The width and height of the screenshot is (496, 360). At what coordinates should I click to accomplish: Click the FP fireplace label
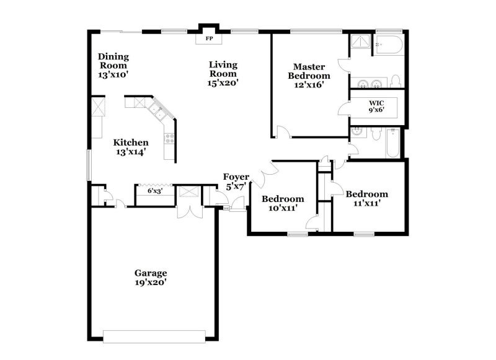pos(209,39)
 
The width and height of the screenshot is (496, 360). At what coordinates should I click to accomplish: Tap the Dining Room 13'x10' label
pos(113,65)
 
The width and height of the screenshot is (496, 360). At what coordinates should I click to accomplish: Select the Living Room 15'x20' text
pos(223,73)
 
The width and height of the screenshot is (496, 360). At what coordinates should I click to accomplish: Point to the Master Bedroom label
pos(309,76)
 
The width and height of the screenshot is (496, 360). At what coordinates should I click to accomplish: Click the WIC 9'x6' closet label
pos(376,107)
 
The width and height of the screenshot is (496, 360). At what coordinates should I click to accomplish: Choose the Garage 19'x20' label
pos(151,277)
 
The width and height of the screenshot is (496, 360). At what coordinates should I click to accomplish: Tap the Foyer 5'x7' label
pos(236,181)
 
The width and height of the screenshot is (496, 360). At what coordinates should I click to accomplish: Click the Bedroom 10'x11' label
pos(283,203)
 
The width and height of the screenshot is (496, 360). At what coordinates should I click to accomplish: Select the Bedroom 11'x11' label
pos(367,198)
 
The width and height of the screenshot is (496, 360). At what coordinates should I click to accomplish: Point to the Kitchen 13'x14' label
pos(130,147)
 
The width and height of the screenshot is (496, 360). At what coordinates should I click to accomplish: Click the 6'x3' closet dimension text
pos(155,191)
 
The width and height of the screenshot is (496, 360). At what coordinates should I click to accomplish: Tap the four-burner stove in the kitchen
pos(169,138)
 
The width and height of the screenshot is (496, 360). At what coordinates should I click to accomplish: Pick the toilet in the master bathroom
pos(396,81)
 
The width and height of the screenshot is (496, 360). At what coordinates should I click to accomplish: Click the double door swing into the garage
pos(188,209)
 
